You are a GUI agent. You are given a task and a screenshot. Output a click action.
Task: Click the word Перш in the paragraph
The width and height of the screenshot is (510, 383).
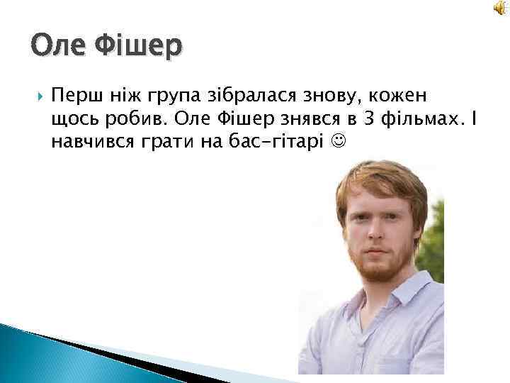coord(74,96)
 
